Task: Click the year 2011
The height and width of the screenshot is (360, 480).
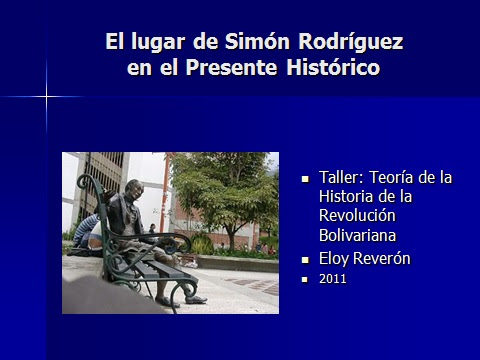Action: click(333, 280)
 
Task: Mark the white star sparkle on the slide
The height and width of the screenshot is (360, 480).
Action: click(46, 97)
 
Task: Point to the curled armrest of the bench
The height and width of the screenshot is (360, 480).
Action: click(88, 188)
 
